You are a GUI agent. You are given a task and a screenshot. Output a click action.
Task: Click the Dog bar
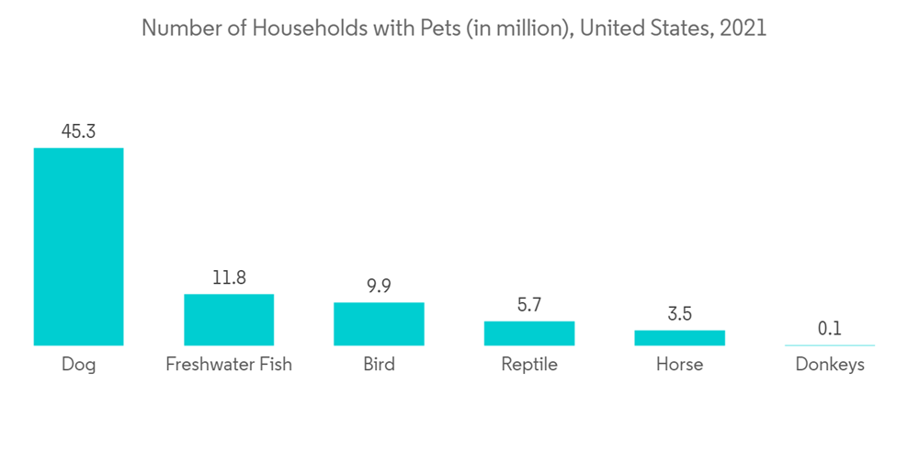(78, 246)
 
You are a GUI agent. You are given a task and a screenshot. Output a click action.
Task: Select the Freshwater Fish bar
(229, 320)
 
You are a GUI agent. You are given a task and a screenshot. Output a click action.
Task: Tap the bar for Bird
(379, 323)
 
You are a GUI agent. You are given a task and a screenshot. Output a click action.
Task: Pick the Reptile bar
(529, 333)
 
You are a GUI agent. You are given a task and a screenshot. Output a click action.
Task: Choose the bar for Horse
(679, 337)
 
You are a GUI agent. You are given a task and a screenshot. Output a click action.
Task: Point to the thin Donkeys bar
(829, 345)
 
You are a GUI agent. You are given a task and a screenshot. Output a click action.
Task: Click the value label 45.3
(78, 130)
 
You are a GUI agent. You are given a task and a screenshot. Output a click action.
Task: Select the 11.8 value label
(229, 277)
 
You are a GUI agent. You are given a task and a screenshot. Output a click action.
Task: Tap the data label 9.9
(379, 286)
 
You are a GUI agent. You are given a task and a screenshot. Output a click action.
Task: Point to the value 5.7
(529, 304)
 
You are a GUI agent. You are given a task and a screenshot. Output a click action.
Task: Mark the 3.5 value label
(679, 313)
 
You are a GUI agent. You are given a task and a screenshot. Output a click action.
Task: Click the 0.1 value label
(829, 328)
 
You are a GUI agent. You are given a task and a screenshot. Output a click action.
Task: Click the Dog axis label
(78, 365)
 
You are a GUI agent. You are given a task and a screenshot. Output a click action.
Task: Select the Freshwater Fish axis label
(229, 365)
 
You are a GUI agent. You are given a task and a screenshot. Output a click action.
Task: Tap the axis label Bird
(379, 365)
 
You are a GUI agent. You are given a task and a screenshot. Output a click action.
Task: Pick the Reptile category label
(529, 365)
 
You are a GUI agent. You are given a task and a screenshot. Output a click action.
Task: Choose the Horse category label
(679, 365)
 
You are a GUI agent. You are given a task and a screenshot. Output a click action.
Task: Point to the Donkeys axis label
(829, 365)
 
